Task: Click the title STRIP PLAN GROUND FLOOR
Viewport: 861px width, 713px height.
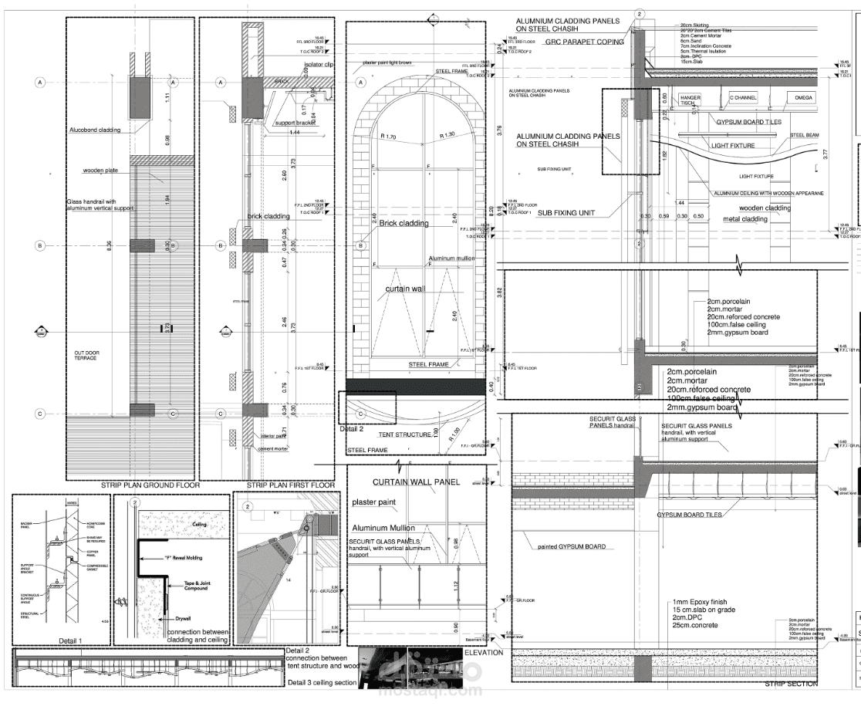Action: pos(150,485)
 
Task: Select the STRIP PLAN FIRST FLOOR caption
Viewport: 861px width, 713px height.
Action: pos(291,485)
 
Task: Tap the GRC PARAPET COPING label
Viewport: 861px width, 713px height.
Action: pos(574,42)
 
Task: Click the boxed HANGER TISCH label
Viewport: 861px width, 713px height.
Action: pos(690,101)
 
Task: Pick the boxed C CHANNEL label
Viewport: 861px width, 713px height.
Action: pos(743,98)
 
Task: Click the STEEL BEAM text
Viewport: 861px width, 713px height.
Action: pos(803,135)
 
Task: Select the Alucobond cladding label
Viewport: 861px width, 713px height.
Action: pos(95,130)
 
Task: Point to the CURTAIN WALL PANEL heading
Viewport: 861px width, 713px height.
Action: pos(416,482)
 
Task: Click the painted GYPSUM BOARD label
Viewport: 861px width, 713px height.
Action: pos(572,546)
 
